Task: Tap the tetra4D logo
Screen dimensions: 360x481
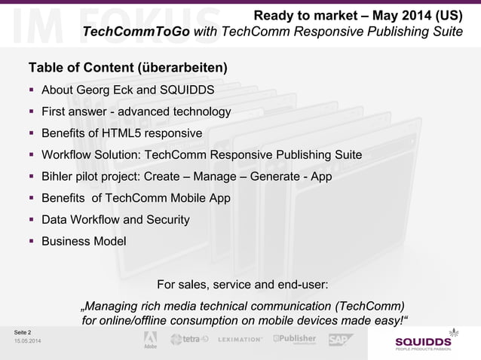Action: coord(191,340)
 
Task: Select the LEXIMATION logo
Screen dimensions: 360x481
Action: coord(240,340)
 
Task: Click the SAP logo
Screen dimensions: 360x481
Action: coord(341,340)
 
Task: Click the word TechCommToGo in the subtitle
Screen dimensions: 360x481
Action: coord(136,32)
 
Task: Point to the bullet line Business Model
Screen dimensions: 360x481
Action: coord(84,242)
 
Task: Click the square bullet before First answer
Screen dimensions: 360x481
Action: coord(32,112)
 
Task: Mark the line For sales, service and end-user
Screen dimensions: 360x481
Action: coord(241,285)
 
